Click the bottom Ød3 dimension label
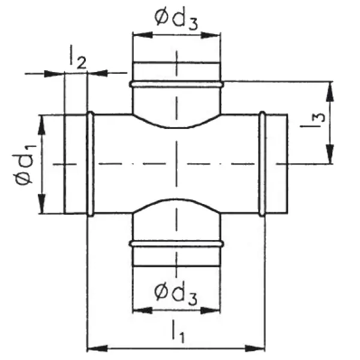(176, 294)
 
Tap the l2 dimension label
(78, 57)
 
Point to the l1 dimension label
(178, 332)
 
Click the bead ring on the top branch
(176, 84)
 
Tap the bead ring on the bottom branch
(176, 244)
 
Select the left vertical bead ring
(91, 164)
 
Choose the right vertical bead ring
(262, 164)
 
